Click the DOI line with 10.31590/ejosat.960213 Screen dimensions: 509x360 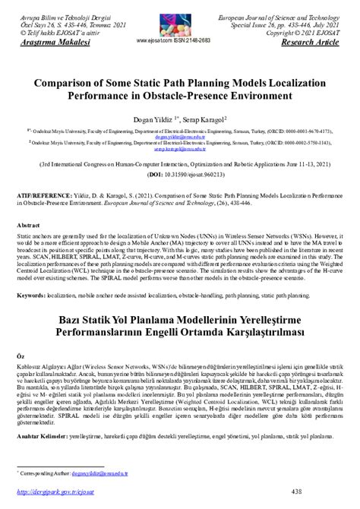[181, 174]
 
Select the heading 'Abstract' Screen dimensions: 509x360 [29, 226]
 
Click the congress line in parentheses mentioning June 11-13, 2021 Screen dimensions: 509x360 [181, 163]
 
